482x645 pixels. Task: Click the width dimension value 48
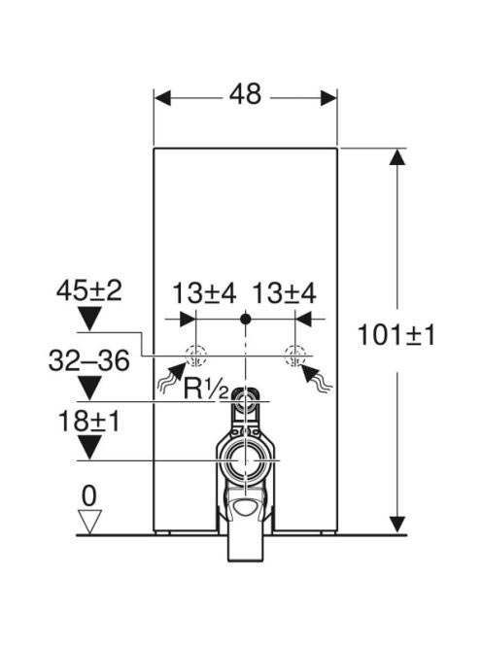pos(245,94)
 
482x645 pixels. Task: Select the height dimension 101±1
pos(396,334)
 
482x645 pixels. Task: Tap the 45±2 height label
pos(88,290)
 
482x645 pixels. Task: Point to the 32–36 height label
pos(88,360)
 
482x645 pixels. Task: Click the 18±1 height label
pos(88,421)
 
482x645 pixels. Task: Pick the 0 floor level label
pos(88,496)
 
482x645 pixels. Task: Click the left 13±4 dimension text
pos(204,293)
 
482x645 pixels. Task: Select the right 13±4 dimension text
pos(284,293)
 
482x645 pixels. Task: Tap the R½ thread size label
pos(206,389)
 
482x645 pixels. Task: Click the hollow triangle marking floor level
pos(89,522)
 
